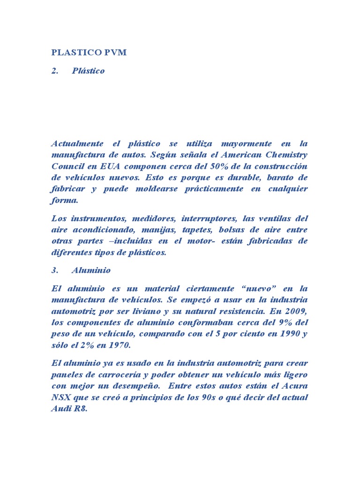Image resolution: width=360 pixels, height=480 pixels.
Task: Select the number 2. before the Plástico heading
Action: point(54,71)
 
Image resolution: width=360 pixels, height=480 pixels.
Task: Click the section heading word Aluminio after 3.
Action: point(91,270)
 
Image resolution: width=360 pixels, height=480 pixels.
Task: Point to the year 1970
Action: point(119,345)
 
